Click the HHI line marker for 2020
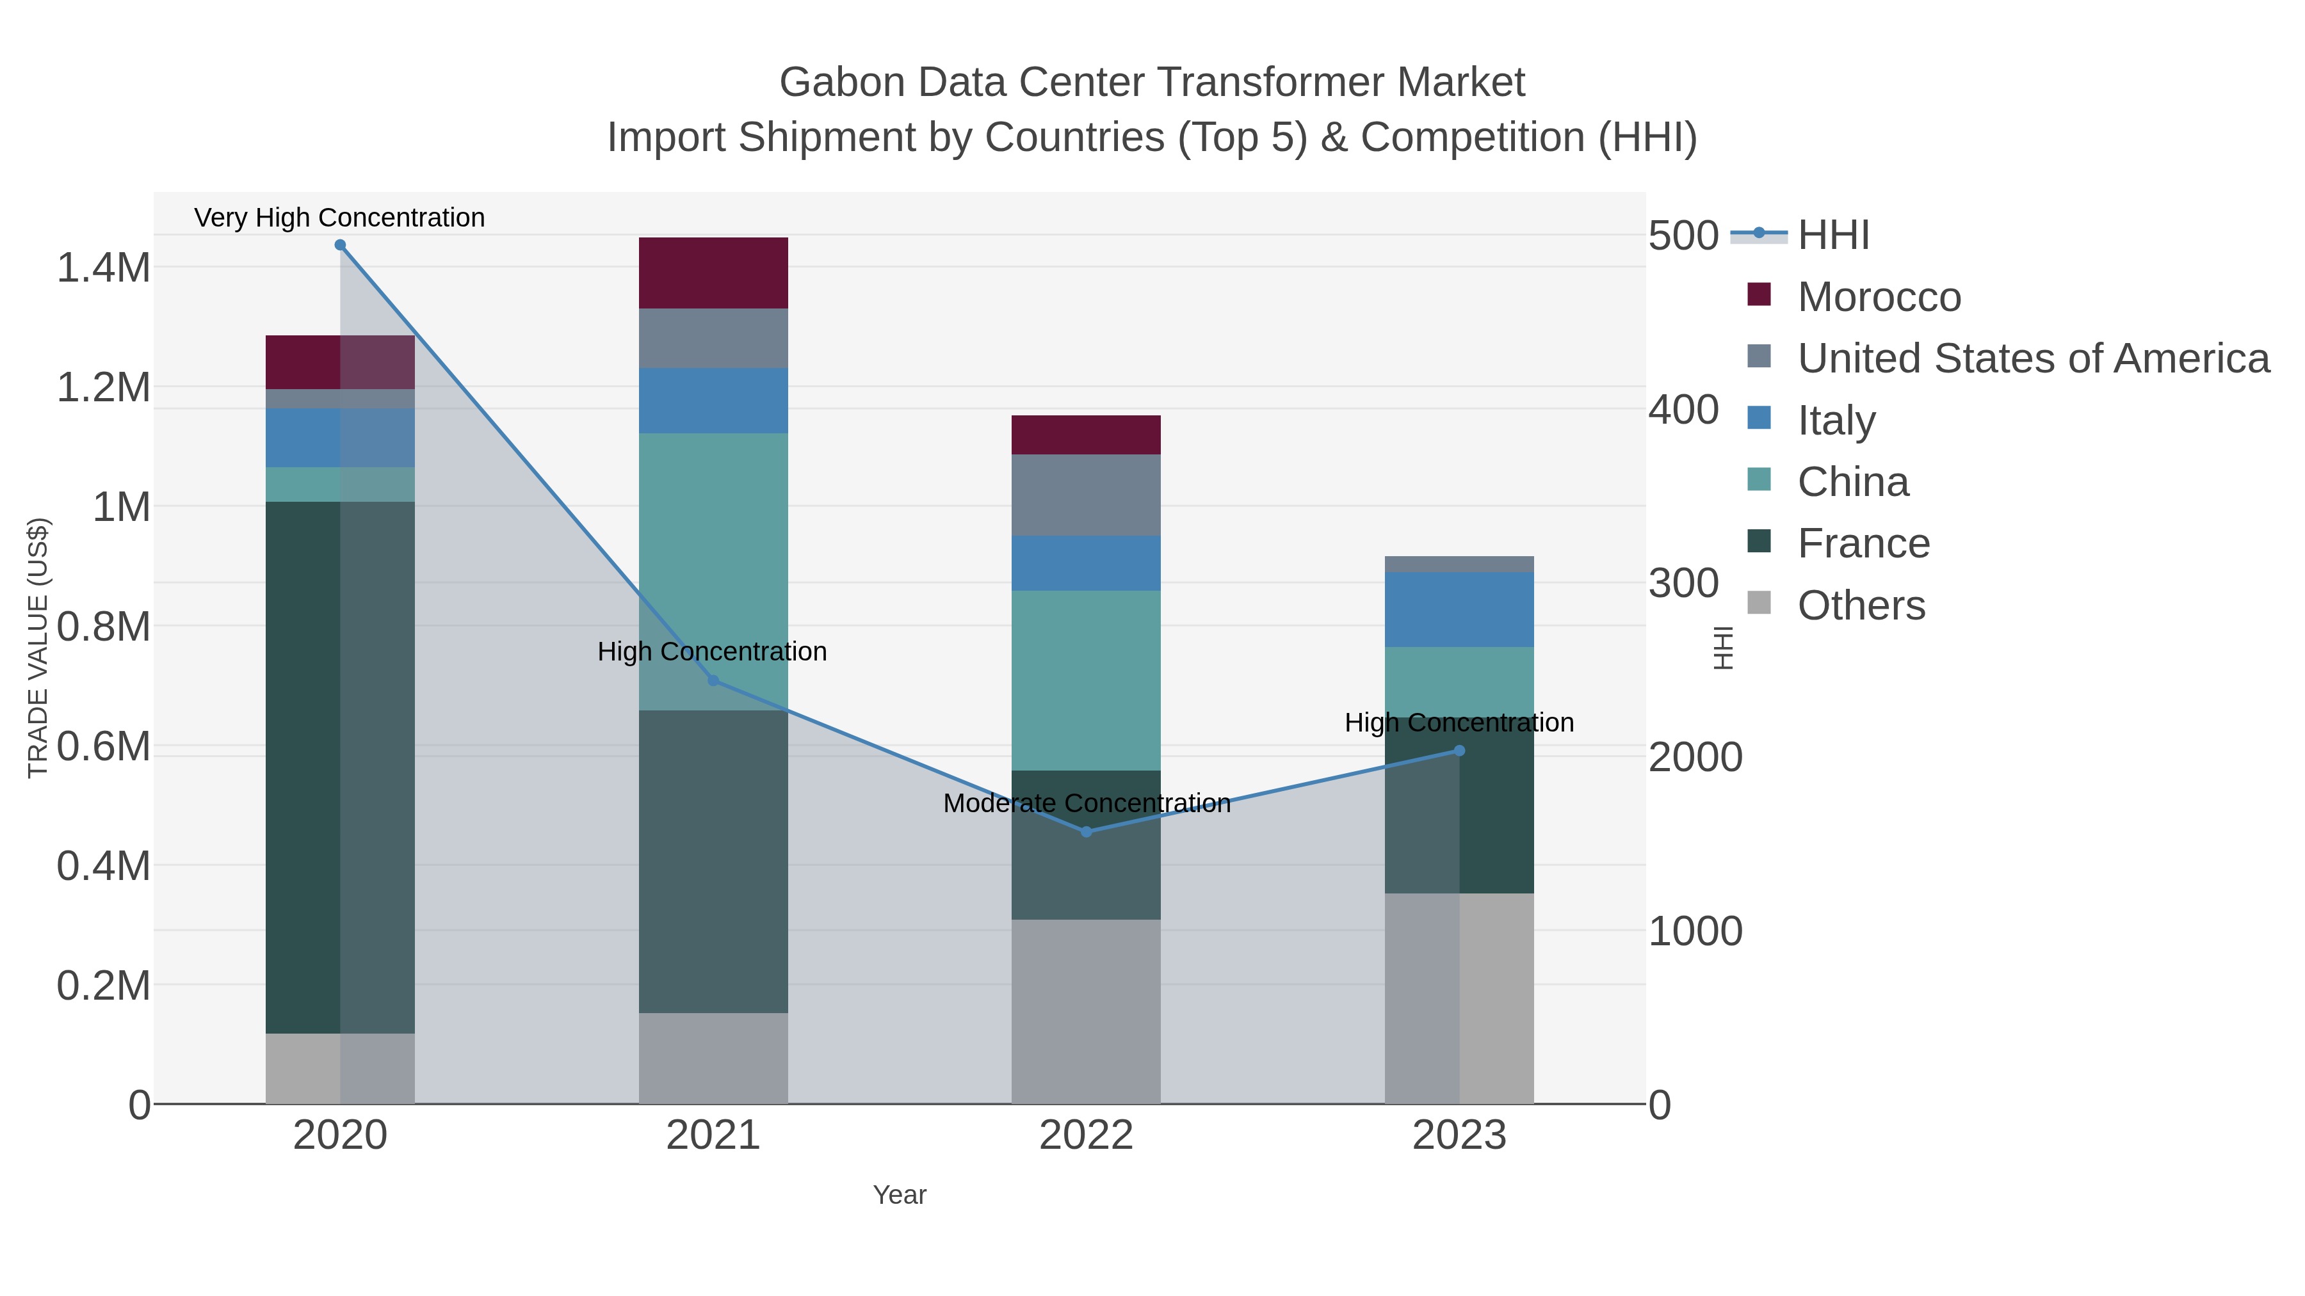340,245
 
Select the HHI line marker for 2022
1087,832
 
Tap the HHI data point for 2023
1459,751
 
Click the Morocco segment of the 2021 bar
713,273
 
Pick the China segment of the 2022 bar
1087,680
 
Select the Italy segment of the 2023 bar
1459,609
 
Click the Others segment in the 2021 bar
713,1058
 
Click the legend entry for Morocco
1879,297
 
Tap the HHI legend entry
1832,236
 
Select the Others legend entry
1861,605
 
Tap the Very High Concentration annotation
340,218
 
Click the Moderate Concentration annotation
1087,803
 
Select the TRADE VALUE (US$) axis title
38,648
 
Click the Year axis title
900,1195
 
